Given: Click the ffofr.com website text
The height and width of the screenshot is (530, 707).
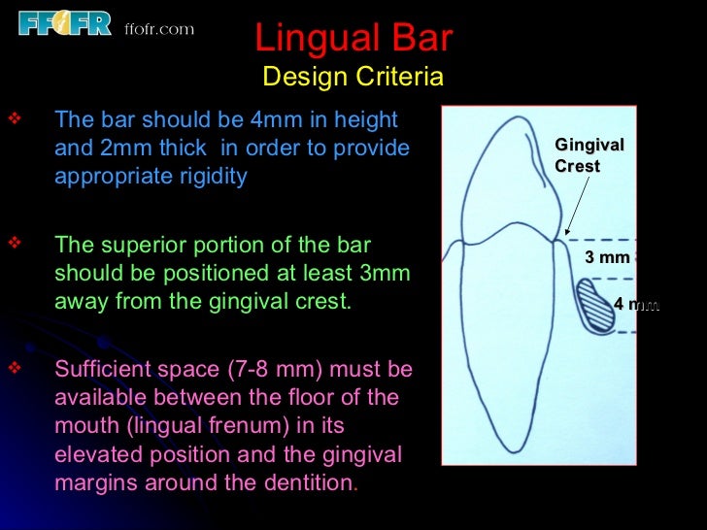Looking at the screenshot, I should (159, 29).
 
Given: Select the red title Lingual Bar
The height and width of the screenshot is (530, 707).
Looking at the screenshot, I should (353, 38).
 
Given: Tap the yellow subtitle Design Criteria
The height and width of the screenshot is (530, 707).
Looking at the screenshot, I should (353, 77).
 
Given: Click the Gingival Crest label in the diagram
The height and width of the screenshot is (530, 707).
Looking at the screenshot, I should (589, 155).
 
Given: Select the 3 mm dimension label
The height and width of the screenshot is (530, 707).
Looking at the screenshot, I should (607, 257).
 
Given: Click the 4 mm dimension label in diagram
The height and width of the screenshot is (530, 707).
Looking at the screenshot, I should (636, 305).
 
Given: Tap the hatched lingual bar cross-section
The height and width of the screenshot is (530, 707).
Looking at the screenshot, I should (593, 306).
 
